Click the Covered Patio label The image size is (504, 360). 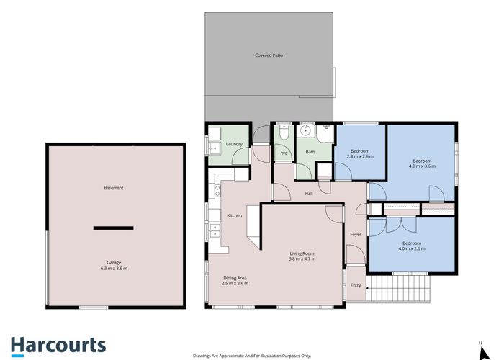click(269, 55)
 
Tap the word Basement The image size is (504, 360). click(114, 188)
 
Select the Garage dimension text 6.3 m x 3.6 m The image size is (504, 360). click(114, 269)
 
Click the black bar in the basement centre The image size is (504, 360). click(114, 228)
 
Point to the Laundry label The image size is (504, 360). click(234, 144)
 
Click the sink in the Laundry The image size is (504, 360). click(213, 148)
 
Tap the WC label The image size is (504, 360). click(284, 153)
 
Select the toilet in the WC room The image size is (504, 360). click(283, 134)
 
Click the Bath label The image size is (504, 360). click(310, 152)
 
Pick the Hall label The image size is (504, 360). click(309, 193)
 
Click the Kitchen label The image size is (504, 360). click(235, 215)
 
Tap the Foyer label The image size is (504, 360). click(356, 235)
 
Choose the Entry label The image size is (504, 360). click(356, 285)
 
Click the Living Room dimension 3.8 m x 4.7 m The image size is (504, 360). click(302, 258)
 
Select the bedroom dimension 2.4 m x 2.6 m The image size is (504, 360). click(360, 156)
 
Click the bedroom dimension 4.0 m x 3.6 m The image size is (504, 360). click(422, 166)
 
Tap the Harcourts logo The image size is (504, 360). click(58, 345)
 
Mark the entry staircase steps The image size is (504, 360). click(399, 290)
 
